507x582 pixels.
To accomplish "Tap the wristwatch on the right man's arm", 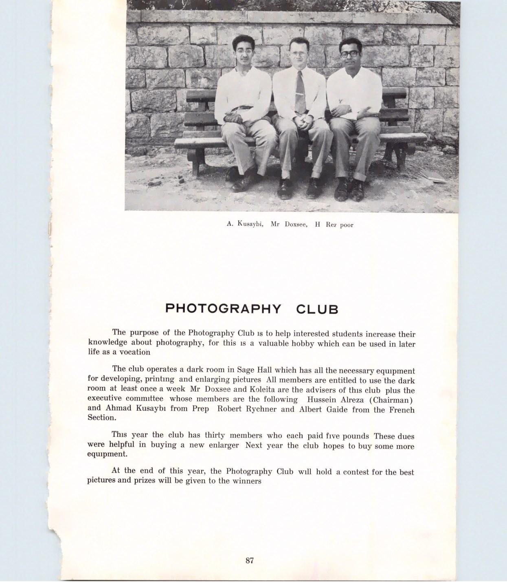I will (x=349, y=109).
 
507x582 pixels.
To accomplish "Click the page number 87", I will (x=250, y=560).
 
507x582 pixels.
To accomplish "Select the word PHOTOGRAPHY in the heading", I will (x=223, y=309).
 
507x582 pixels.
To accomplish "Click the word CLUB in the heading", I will (x=317, y=309).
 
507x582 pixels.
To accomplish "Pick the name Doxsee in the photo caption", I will (x=296, y=224).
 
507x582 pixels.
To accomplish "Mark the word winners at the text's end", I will (x=247, y=481).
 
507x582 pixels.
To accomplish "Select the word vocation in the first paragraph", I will (x=135, y=352).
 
